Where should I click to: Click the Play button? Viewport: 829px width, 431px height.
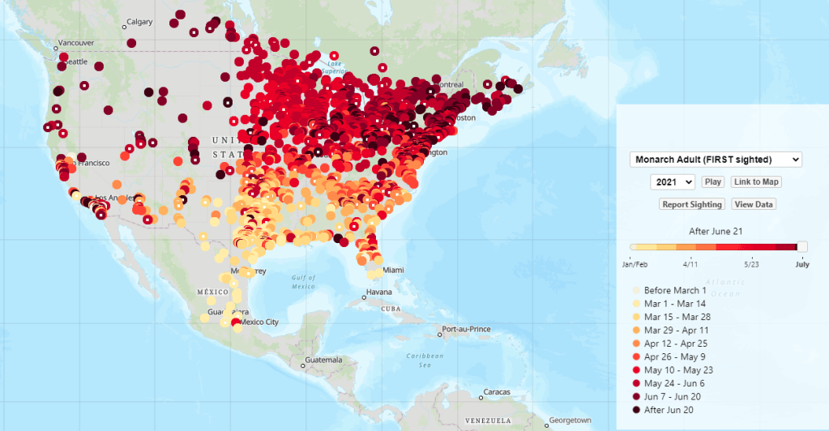(713, 182)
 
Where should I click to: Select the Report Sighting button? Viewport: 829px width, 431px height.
(691, 204)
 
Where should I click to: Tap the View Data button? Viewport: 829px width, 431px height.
(754, 204)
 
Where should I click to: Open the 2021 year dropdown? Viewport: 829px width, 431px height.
(673, 182)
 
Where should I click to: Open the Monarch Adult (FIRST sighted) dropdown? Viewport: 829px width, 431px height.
(716, 160)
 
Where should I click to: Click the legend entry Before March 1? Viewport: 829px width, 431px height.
(675, 290)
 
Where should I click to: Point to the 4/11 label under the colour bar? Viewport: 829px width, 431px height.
(690, 264)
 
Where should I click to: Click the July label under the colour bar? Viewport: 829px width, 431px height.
(801, 264)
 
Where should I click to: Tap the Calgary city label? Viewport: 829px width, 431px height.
(140, 22)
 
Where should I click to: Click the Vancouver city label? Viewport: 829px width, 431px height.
(76, 42)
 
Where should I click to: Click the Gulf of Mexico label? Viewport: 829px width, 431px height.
(303, 282)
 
